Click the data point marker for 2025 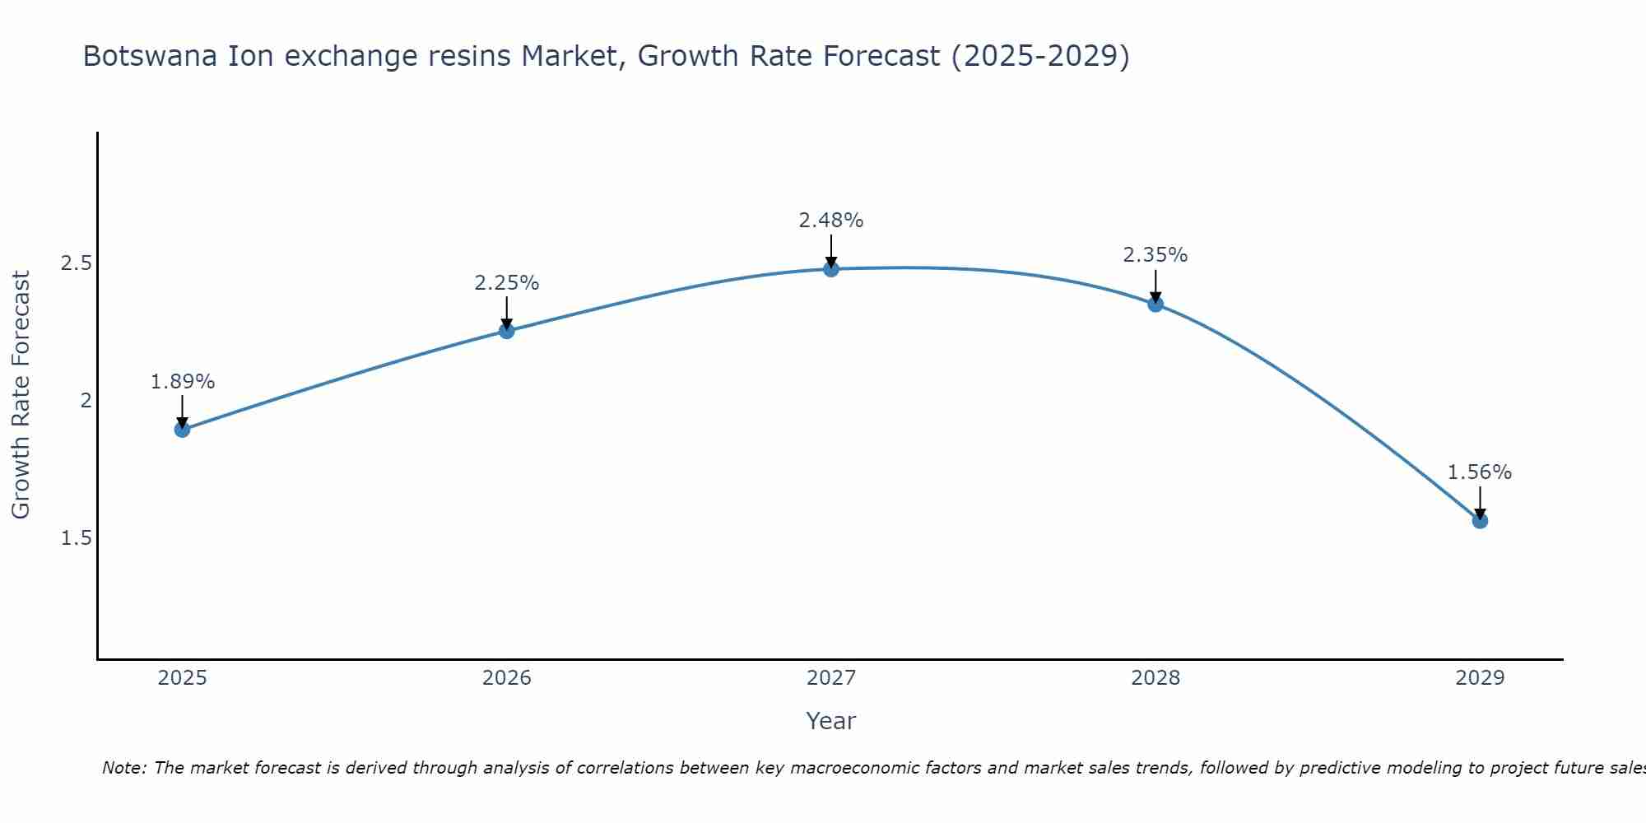coord(182,429)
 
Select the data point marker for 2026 coord(506,331)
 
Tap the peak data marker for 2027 coord(830,268)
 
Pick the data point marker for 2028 coord(1155,304)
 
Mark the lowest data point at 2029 coord(1480,520)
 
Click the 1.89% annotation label coord(182,382)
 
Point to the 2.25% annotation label coord(506,283)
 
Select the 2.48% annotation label coord(830,221)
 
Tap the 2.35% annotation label coord(1155,255)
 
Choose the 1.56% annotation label coord(1480,472)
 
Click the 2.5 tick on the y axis coord(76,263)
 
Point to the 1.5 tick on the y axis coord(76,538)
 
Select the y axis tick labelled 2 coord(85,401)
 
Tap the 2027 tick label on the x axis coord(830,678)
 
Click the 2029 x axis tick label coord(1480,678)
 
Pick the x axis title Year coord(830,721)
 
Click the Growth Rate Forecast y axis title coord(21,395)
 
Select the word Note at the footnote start coord(123,768)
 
